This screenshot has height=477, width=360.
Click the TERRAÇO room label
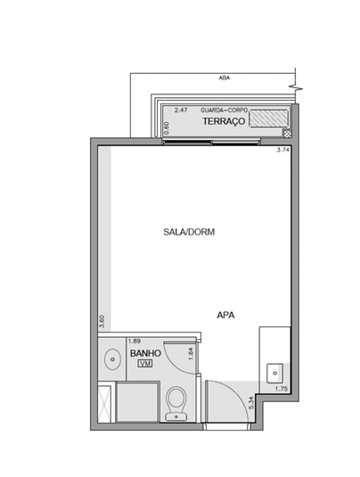224,121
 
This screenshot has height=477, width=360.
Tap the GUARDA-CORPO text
224,111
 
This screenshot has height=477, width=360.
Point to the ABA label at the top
224,78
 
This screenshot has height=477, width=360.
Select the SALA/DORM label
189,232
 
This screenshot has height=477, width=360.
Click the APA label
225,315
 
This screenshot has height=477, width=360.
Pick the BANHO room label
145,353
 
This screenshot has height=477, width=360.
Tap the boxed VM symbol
145,363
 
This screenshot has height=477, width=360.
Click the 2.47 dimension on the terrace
181,111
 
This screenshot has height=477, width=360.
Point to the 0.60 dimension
167,128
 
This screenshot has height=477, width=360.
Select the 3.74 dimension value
282,150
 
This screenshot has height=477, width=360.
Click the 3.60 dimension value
102,322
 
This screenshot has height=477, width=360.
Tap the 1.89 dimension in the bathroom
134,341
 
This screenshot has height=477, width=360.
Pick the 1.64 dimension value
191,354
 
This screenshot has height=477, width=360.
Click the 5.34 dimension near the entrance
251,403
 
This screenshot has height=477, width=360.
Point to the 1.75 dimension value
282,389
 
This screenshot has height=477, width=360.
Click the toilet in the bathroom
176,404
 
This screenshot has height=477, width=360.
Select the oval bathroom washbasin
112,359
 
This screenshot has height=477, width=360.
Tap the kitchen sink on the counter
274,373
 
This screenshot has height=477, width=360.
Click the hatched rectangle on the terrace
268,118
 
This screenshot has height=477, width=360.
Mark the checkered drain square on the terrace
287,133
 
